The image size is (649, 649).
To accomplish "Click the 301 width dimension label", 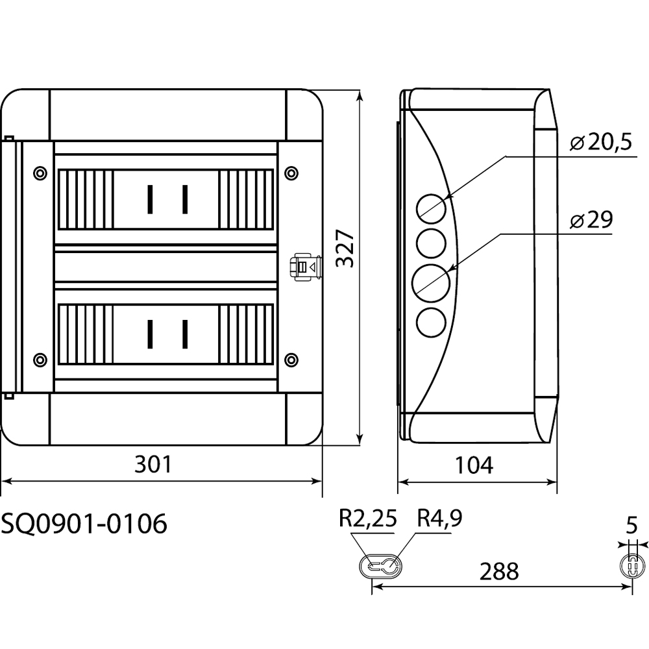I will [153, 465].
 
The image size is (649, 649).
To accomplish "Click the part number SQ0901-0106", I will [84, 523].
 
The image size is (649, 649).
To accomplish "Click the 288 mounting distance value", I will [499, 572].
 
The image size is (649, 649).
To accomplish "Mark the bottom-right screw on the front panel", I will [291, 359].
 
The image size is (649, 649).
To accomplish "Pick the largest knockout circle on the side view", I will [431, 282].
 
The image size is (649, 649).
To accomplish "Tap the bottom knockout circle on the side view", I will [431, 322].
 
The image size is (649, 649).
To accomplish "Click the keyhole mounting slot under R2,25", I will [382, 566].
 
